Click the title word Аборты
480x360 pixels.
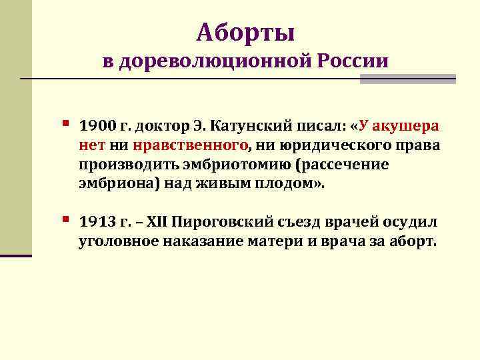point(246,31)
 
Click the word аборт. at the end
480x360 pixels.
point(413,241)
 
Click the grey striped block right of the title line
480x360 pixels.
point(407,79)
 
